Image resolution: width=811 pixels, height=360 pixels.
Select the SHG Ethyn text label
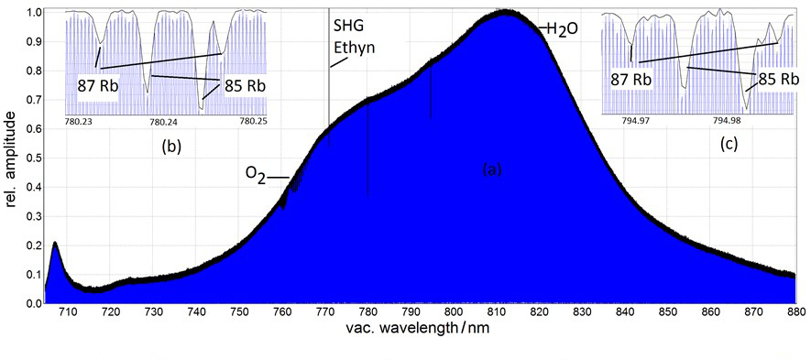(353, 36)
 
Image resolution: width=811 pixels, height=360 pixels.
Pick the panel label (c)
(730, 144)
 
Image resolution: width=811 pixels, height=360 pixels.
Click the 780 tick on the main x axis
(367, 312)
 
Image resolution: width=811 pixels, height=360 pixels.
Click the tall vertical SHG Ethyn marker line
(329, 92)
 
